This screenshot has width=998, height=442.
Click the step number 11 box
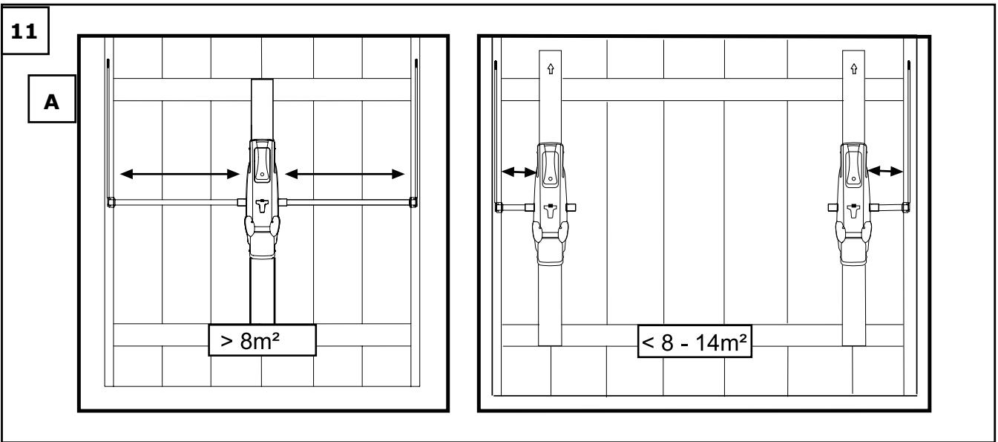coord(25,30)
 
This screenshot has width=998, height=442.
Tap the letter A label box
coord(52,99)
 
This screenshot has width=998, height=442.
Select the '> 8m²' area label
coord(263,340)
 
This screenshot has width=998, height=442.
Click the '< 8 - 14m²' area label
coord(695,342)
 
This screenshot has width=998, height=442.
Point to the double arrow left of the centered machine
coord(180,174)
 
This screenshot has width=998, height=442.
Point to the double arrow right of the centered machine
coord(344,174)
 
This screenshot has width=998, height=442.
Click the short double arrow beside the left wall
coord(519,172)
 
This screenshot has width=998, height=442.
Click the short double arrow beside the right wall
coord(885,171)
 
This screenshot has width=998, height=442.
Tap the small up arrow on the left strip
coord(551,68)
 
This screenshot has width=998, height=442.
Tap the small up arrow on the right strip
coord(853,68)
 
